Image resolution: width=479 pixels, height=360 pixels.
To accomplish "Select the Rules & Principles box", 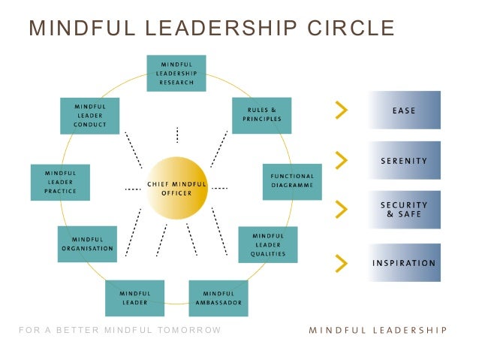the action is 261,115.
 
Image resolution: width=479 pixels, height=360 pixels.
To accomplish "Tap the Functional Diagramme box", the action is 292,181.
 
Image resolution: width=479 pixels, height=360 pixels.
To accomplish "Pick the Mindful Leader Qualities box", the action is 267,244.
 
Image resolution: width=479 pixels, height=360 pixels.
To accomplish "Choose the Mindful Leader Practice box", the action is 60,182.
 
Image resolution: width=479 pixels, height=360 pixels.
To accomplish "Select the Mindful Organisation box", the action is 87,244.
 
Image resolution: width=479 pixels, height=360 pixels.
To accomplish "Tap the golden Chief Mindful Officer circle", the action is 176,187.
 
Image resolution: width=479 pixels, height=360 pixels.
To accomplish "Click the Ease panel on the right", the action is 404,110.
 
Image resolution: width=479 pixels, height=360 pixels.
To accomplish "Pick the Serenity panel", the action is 404,160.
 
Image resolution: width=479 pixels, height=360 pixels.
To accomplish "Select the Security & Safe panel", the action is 404,209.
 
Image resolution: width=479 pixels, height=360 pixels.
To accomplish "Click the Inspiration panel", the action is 404,263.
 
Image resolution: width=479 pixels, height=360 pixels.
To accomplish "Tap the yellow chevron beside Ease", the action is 342,110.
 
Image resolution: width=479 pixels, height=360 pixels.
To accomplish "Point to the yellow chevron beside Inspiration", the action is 342,262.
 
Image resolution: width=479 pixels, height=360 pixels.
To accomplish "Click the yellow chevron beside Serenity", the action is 342,160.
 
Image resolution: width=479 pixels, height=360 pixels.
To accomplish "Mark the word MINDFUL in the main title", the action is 74,29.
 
